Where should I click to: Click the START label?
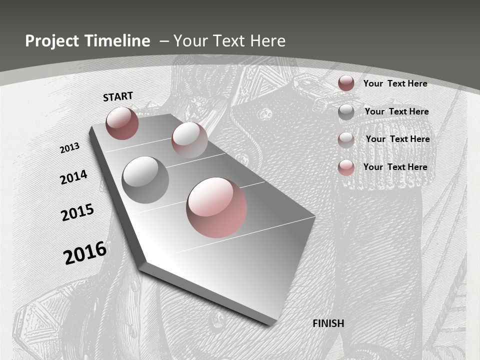[118, 96]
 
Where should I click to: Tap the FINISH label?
[328, 323]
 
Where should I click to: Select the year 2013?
[70, 148]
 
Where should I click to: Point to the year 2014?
[74, 177]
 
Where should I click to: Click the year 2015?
[77, 212]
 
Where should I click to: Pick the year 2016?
[85, 252]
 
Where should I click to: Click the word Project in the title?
[51, 41]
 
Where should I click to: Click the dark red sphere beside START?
[122, 123]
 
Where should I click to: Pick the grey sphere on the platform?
[145, 179]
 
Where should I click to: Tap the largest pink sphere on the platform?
[216, 207]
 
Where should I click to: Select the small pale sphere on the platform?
[189, 140]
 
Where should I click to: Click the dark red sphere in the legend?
[346, 83]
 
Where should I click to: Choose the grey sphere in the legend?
[346, 112]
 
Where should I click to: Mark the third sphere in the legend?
[346, 139]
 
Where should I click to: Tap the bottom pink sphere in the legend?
[346, 167]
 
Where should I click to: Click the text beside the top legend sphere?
[395, 83]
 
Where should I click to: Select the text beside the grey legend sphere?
[396, 111]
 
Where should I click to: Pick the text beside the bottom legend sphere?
[395, 167]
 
